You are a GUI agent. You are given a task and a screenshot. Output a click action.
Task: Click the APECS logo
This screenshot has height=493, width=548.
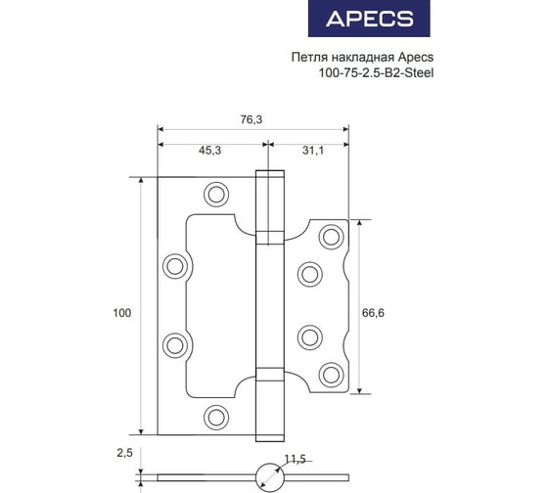(369, 19)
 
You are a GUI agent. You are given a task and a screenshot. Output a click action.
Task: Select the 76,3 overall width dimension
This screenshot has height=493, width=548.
(251, 120)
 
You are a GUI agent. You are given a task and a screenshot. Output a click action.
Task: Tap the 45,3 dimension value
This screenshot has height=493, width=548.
(209, 151)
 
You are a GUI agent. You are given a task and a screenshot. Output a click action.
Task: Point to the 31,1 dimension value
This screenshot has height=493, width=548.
(313, 151)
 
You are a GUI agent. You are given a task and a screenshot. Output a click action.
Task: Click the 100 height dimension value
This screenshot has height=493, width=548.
(121, 313)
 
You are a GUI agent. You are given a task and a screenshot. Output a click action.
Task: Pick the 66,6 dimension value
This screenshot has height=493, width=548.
(373, 313)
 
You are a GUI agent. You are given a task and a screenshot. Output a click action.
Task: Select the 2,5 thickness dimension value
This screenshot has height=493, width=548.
(125, 453)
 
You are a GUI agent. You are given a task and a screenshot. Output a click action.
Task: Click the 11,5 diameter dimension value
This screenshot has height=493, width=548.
(296, 459)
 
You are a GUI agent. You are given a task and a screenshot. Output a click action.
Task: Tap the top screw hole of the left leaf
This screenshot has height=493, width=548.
(216, 195)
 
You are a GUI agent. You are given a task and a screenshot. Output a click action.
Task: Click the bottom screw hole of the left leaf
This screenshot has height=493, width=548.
(216, 417)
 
